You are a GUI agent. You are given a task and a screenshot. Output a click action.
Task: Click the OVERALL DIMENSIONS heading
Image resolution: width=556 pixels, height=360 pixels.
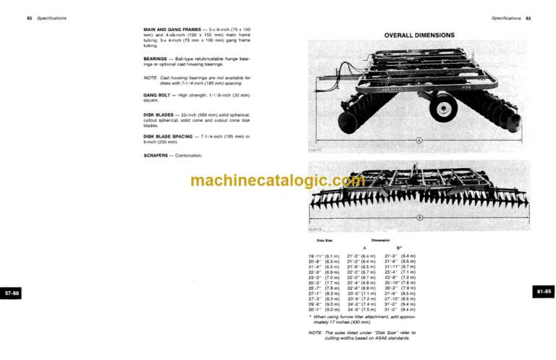pyautogui.click(x=419, y=35)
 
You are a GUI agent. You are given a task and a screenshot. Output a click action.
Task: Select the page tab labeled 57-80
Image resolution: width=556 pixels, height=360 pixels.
pyautogui.click(x=13, y=293)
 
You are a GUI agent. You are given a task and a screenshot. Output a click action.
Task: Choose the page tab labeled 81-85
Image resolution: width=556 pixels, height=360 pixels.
pyautogui.click(x=544, y=291)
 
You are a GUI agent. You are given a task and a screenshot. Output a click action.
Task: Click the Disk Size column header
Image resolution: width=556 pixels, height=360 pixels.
pyautogui.click(x=326, y=239)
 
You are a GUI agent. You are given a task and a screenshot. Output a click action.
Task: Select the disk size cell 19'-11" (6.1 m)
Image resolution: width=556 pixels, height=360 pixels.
pyautogui.click(x=326, y=256)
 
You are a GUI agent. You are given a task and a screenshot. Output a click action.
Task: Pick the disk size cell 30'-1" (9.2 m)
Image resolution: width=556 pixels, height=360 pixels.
pyautogui.click(x=326, y=309)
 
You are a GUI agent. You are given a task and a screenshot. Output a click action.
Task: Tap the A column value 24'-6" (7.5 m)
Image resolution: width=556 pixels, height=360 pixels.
pyautogui.click(x=363, y=309)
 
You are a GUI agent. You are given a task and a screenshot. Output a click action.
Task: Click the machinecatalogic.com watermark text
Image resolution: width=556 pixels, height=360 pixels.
pyautogui.click(x=278, y=181)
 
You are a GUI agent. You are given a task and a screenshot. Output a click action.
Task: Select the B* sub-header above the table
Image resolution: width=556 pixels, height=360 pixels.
pyautogui.click(x=399, y=247)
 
